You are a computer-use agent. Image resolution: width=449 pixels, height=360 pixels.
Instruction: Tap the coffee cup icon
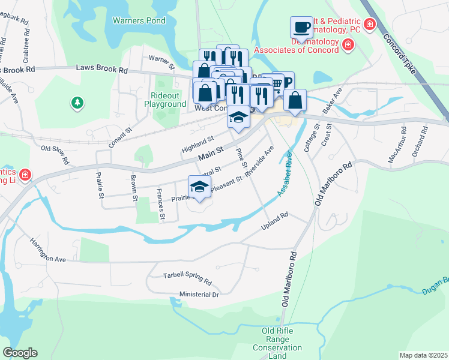point(301,28)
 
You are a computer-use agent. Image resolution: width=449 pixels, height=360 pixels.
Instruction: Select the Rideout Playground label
point(165,100)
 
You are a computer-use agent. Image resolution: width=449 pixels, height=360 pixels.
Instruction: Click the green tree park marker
point(77,104)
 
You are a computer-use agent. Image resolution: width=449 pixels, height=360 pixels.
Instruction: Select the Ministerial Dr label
point(199,295)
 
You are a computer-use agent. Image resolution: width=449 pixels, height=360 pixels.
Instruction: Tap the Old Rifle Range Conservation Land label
point(277,343)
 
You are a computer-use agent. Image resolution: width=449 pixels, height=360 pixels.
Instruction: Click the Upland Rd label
point(275,221)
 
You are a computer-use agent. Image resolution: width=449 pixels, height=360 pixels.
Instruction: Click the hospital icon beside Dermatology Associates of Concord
point(347,45)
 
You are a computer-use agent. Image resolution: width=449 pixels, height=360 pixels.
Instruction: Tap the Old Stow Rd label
point(55,154)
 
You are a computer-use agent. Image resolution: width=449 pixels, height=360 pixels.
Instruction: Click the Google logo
point(20,353)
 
